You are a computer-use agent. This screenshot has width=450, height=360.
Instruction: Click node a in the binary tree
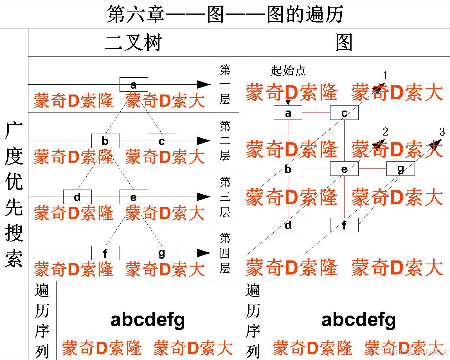134,84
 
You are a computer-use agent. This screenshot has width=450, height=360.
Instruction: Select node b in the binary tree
105,141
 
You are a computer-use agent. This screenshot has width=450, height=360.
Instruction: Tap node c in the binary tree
162,141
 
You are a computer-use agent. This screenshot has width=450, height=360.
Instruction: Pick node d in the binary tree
77,197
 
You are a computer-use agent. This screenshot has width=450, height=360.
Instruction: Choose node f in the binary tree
105,253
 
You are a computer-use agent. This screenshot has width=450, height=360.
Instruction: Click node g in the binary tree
162,253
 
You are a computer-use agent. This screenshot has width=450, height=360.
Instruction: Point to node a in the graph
288,113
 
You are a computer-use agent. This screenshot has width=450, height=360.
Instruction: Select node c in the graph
344,113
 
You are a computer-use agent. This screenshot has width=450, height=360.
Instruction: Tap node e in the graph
344,169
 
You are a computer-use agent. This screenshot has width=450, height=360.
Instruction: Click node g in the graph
400,169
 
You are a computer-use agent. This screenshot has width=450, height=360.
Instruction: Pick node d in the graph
288,225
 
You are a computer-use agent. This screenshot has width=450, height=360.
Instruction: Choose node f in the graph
344,225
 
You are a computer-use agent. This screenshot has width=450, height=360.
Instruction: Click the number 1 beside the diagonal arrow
386,75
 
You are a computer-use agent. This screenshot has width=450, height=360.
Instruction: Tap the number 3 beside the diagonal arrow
442,132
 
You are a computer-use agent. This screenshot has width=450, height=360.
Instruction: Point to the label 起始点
288,70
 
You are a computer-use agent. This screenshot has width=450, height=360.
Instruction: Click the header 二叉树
134,43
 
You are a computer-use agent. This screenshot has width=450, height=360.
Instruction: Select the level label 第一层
225,84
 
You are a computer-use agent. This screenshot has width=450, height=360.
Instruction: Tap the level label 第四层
225,253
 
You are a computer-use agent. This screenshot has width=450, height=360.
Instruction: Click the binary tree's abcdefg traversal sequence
148,320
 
